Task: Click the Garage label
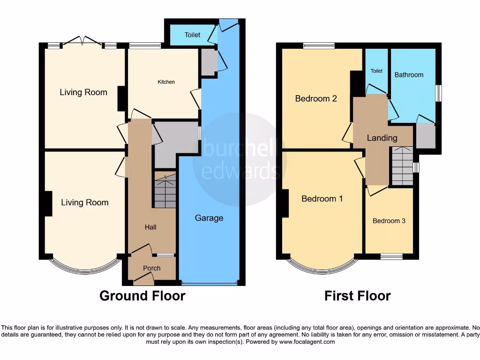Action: [x=209, y=218]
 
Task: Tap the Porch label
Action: [x=151, y=268]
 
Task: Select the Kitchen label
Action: [x=166, y=82]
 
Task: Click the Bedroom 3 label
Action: [x=389, y=221]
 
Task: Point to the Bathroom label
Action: [x=409, y=75]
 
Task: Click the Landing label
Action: [x=382, y=138]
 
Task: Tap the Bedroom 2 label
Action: [x=316, y=98]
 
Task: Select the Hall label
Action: [x=150, y=227]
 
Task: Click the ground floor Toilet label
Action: [x=192, y=35]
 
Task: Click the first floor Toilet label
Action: [x=376, y=71]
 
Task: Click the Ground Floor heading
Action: [x=142, y=296]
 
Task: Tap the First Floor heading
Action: [x=358, y=296]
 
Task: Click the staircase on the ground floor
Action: [x=164, y=190]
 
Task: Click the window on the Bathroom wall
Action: [x=438, y=93]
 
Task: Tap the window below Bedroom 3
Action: [x=391, y=256]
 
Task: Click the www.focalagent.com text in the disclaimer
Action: [x=307, y=342]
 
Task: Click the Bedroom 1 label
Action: [x=322, y=199]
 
